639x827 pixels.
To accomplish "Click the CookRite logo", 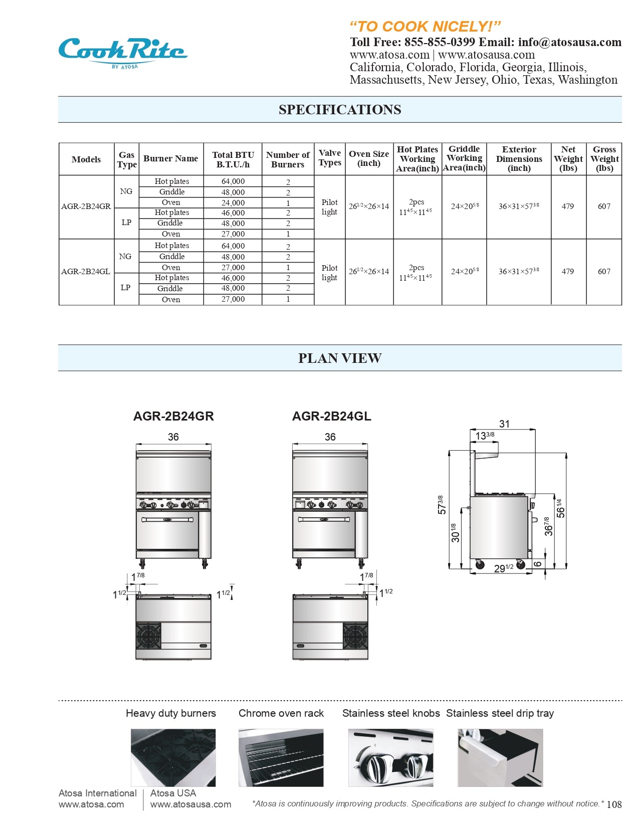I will coord(122,52).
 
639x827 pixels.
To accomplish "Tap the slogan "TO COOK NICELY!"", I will coord(424,26).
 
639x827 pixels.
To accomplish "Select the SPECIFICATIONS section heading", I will coord(340,110).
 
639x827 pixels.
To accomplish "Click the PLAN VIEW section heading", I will coord(340,358).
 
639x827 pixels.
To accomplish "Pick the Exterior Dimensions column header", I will coord(519,159).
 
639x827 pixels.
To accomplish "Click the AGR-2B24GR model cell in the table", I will coord(86,206).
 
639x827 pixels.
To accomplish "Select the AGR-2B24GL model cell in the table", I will coord(86,272).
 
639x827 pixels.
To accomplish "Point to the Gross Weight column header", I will coord(604,159).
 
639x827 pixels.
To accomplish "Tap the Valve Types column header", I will coord(330,158).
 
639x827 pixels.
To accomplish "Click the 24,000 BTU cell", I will coord(233,203).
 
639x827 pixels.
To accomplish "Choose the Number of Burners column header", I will coord(288,159).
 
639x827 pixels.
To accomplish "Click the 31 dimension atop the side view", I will coord(504,424).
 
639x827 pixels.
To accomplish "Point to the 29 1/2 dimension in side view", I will coord(503,568).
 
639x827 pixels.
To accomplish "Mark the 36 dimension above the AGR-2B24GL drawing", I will coord(330,437).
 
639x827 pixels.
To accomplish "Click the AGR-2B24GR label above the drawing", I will coord(173,417).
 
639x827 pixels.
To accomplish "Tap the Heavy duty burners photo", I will coord(173,757).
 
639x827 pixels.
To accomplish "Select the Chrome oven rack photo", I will coord(281,757).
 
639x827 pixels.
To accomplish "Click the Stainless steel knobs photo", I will coord(390,757).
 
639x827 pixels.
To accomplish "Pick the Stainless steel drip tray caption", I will coord(500,713).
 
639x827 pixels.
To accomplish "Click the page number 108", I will coord(614,804).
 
